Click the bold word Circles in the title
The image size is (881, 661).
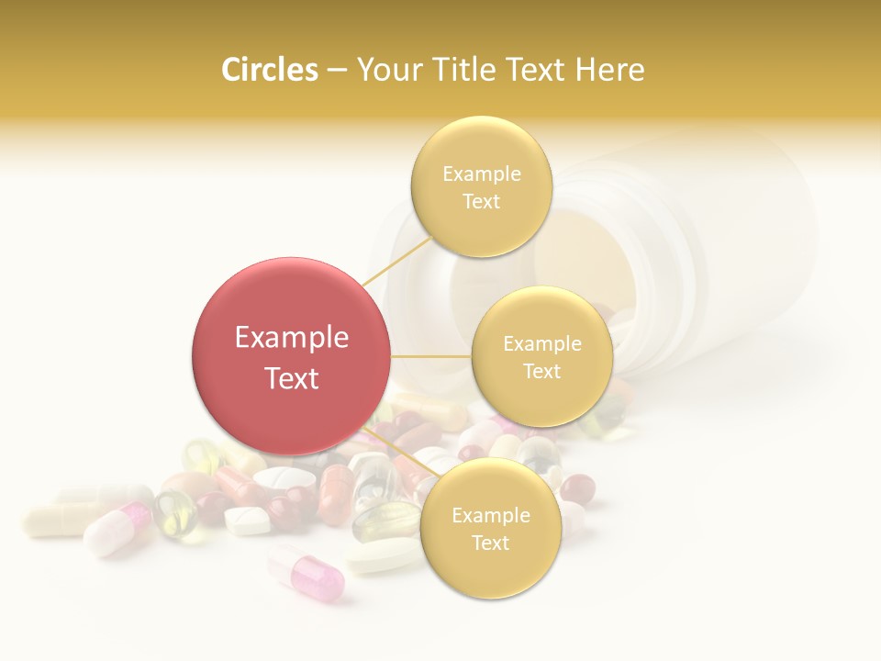(x=269, y=70)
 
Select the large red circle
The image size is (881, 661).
(x=291, y=356)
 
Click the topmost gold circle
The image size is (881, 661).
(x=481, y=187)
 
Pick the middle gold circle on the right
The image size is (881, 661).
(x=541, y=357)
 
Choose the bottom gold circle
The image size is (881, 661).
(x=490, y=529)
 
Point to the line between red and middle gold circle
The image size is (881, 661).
(x=430, y=356)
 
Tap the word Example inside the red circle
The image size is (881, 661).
(x=291, y=338)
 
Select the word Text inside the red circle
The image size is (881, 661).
(x=291, y=378)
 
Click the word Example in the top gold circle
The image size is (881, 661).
(x=481, y=174)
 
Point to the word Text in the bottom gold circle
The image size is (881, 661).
(x=490, y=543)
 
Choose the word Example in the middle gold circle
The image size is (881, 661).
(x=541, y=344)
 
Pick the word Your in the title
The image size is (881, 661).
(x=388, y=70)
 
